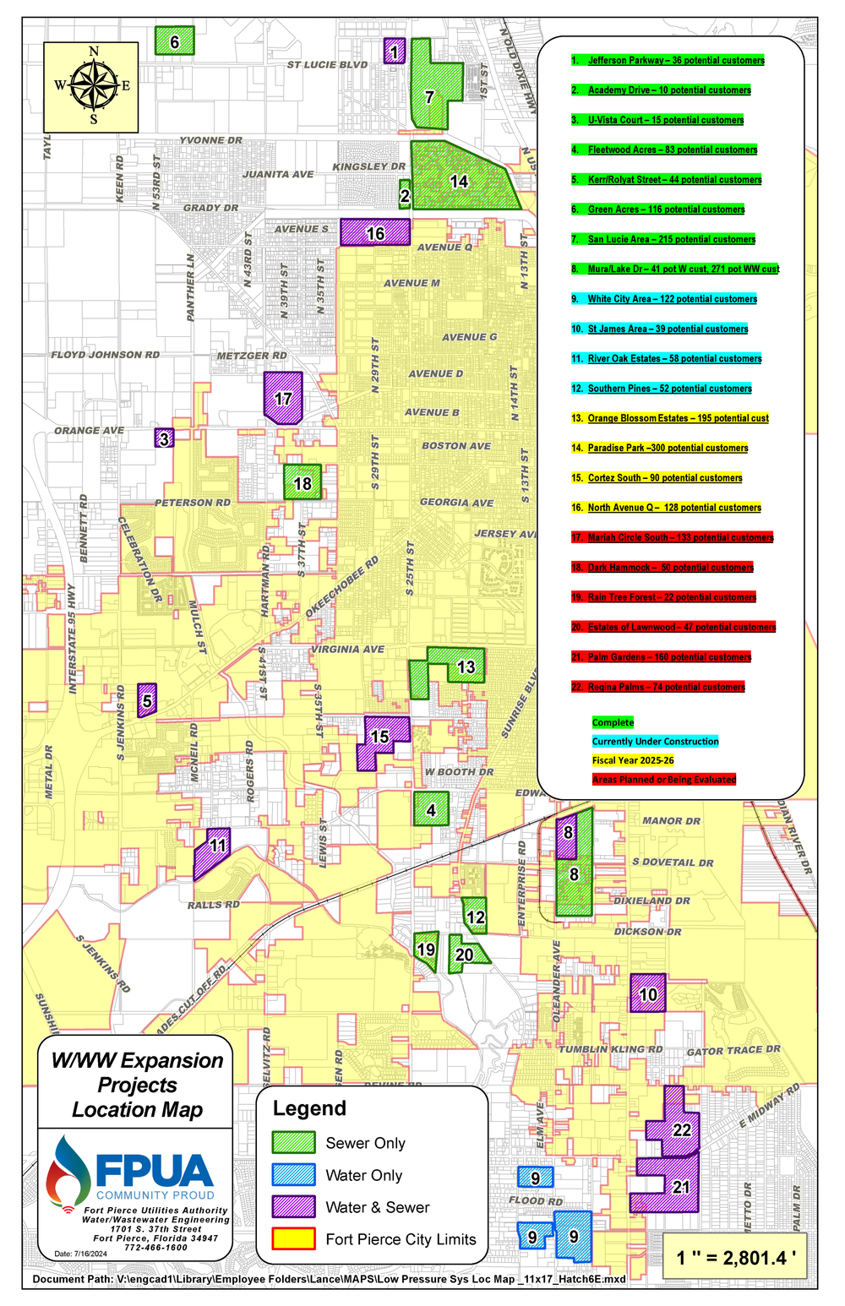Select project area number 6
pos(175,41)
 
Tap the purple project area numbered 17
pos(283,397)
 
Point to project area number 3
pos(165,438)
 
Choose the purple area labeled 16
pos(375,232)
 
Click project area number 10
pos(648,993)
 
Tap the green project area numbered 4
pos(431,809)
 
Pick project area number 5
pos(147,700)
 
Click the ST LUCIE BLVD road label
pos(327,64)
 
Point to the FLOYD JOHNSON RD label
pos(105,355)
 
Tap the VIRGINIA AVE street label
pos(347,649)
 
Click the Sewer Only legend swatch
pos(293,1142)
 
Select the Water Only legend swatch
pos(293,1175)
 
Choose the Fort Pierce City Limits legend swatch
pos(293,1238)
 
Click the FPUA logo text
pos(154,1171)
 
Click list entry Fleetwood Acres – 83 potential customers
pos(673,150)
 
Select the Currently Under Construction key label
pos(655,741)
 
